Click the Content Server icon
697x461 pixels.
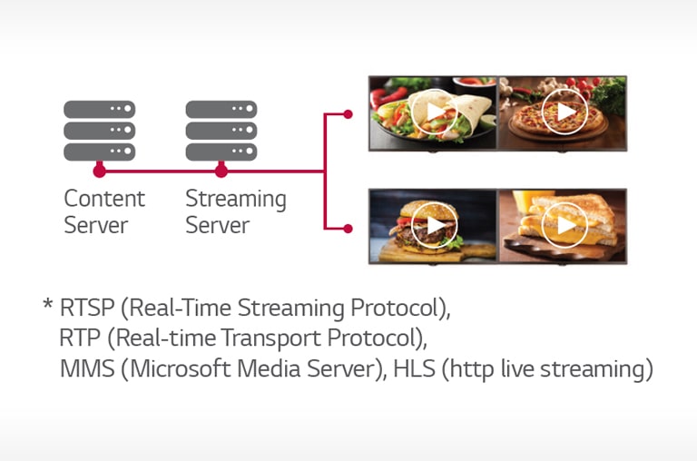pos(100,131)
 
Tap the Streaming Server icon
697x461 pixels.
pos(221,131)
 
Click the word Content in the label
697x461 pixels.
pos(104,198)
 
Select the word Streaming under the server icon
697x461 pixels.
pos(236,200)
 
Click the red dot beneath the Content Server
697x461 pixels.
pos(100,172)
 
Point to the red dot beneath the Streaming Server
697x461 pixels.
pos(221,172)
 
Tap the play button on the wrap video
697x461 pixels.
pos(435,112)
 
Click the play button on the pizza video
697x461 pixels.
pos(565,112)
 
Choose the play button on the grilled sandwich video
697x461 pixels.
pos(565,225)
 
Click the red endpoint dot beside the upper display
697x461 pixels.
pos(348,114)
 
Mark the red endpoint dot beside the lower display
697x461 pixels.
pos(348,229)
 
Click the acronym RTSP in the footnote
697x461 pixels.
pos(87,308)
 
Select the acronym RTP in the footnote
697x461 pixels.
pos(80,338)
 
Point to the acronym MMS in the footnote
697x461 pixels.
pos(87,368)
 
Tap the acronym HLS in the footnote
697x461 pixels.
pos(414,368)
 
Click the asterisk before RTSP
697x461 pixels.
pos(47,305)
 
